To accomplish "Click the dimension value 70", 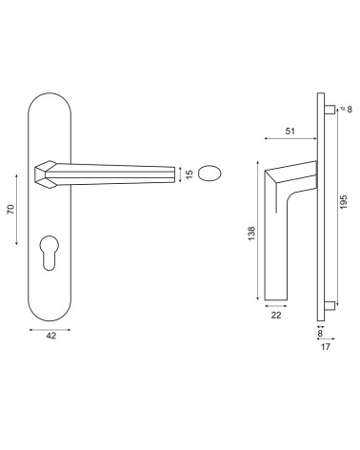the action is (10, 209).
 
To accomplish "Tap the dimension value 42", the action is (50, 336).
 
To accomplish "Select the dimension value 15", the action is (190, 174).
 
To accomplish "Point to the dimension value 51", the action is (290, 131).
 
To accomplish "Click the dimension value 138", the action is (251, 234).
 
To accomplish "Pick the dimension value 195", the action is (344, 202).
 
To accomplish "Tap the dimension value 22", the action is (276, 315).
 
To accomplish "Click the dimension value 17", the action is (326, 347).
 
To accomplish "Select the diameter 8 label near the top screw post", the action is (347, 110).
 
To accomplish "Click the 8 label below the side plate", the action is (320, 334).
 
